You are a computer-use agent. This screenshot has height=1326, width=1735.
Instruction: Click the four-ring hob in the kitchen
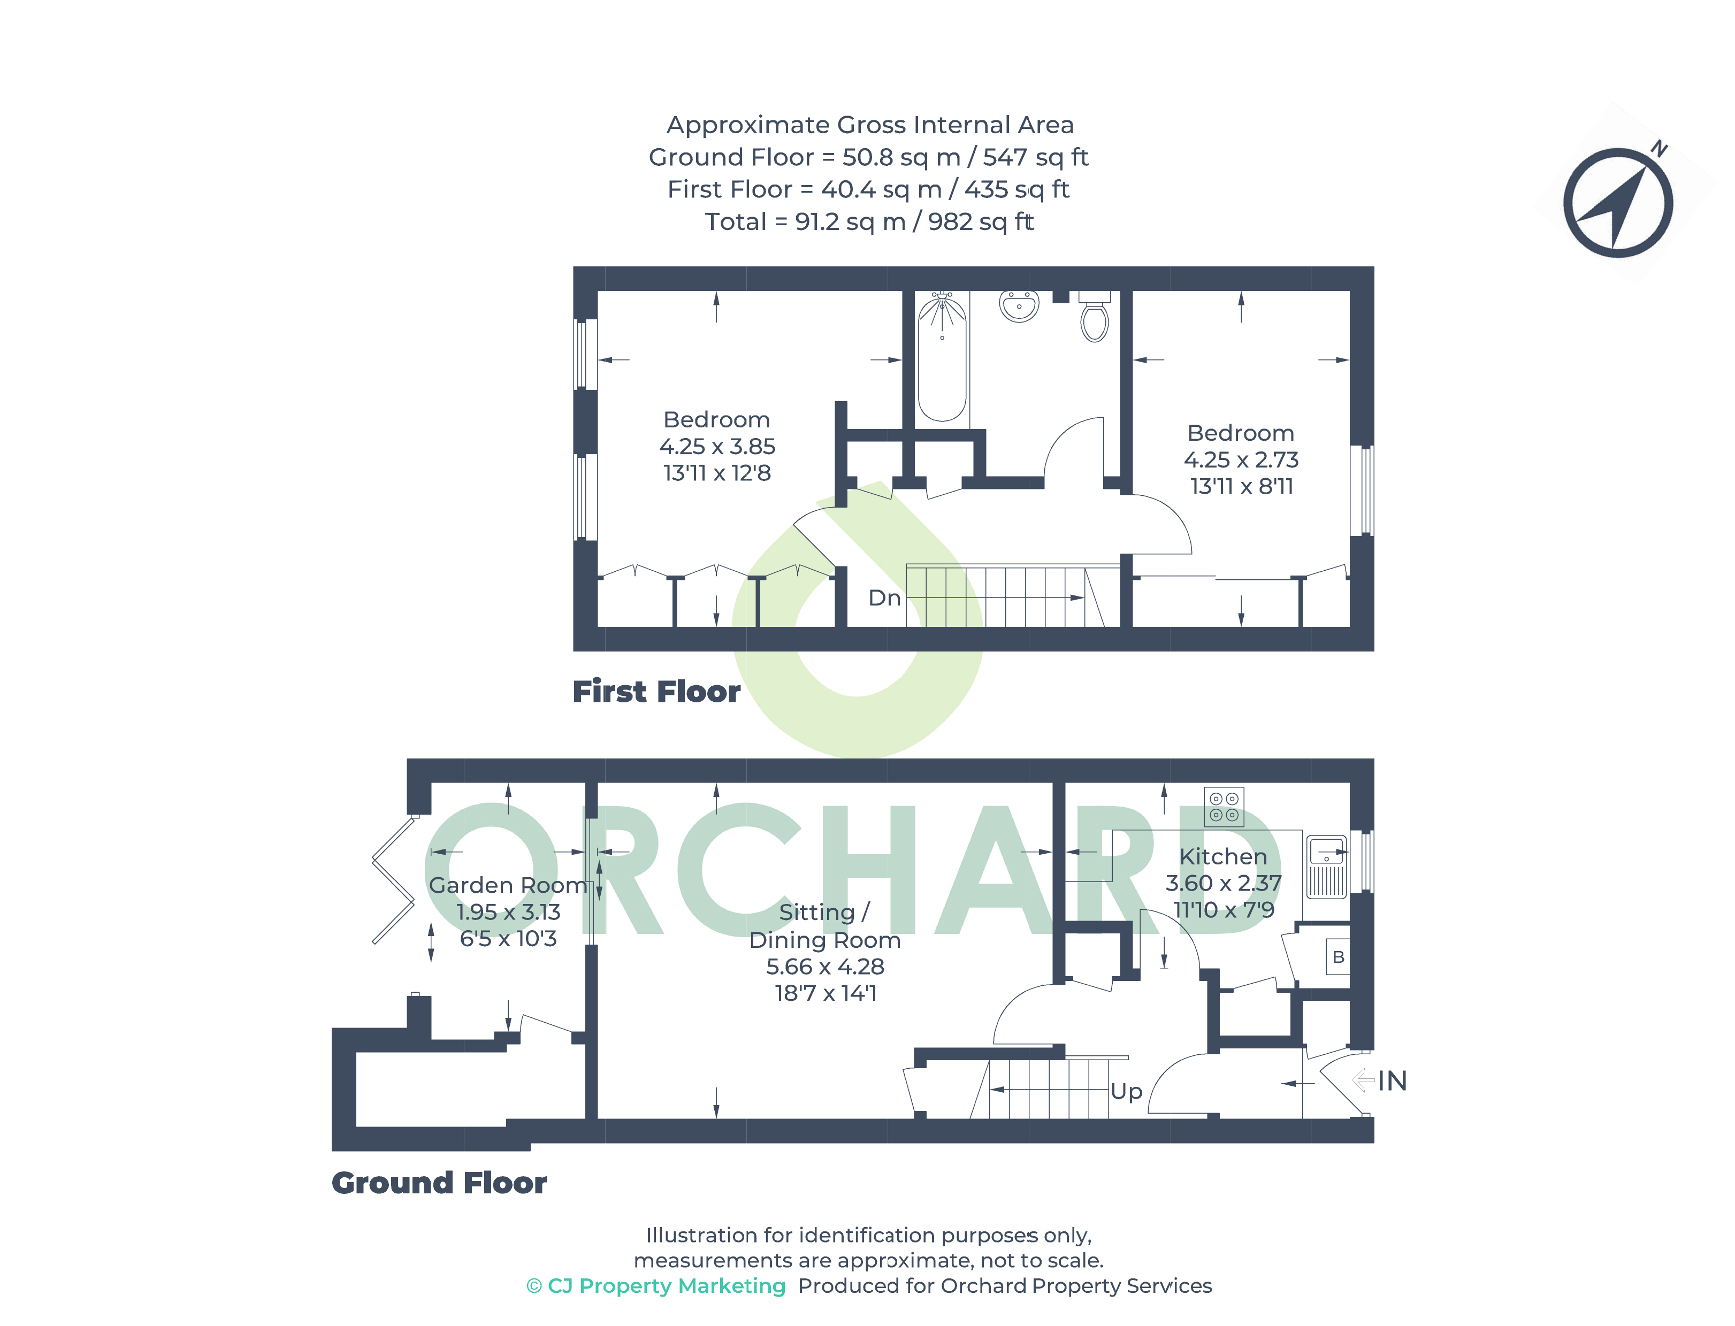coord(1224,807)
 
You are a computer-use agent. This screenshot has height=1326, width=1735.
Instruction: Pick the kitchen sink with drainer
coord(1326,867)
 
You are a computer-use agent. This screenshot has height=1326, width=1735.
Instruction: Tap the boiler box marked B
coord(1338,956)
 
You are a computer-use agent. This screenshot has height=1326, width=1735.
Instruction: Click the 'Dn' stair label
coord(884,599)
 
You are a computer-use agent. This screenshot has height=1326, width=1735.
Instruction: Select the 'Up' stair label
coord(1126,1092)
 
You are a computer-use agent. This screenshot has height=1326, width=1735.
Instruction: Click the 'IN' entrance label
coord(1393,1082)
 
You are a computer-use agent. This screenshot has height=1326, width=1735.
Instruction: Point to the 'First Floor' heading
coord(656,692)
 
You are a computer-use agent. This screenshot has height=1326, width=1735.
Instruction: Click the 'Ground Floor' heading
coord(439,1183)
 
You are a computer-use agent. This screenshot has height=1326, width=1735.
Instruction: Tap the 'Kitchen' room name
coord(1222,856)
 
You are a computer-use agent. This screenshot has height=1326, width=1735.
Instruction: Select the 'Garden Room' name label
coord(508,886)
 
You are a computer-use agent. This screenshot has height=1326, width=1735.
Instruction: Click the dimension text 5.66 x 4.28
coord(825,967)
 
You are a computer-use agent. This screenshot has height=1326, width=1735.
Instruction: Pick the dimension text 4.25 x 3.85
coord(717,447)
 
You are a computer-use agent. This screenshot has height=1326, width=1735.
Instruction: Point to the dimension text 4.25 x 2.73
coord(1241,460)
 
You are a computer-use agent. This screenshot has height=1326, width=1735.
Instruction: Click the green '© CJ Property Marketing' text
coord(656,1286)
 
